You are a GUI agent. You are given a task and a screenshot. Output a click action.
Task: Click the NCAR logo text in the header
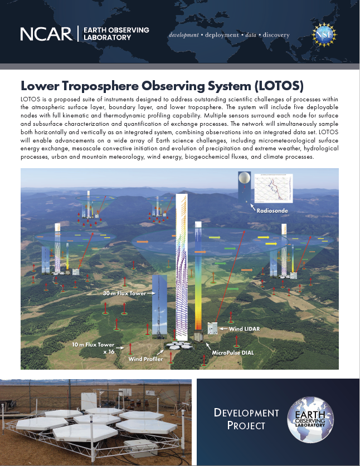(46, 34)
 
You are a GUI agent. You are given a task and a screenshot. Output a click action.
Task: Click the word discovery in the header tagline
(274, 35)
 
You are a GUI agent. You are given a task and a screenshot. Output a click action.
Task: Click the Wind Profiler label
(145, 359)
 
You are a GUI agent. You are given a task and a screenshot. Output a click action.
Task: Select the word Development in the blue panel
(246, 413)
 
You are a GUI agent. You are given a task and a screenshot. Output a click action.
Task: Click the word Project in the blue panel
(246, 426)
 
